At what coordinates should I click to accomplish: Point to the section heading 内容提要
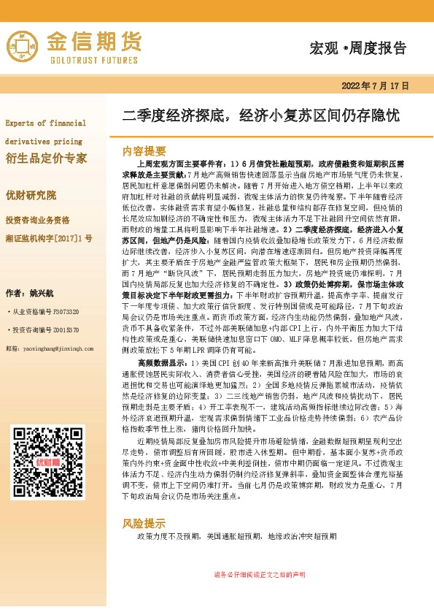144,151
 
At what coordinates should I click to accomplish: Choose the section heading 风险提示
144,545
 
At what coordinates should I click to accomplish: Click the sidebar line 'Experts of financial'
45,123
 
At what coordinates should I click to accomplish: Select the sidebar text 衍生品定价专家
46,158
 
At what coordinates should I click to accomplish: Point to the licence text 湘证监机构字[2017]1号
49,238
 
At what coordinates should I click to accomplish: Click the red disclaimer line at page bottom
259,595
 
